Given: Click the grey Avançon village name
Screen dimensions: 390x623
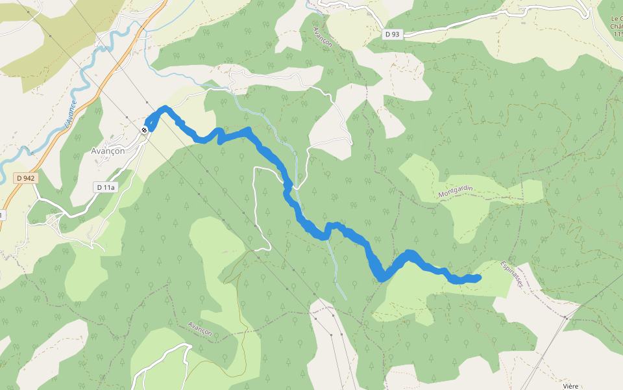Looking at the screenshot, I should tap(107, 150).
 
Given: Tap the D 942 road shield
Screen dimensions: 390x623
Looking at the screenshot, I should tap(25, 177).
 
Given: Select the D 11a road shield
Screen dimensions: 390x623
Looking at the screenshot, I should tap(104, 187).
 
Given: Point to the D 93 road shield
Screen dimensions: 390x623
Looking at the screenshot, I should tap(391, 34).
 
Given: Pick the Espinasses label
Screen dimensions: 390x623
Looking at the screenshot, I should tap(512, 274).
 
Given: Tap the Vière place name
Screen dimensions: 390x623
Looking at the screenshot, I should tap(570, 386).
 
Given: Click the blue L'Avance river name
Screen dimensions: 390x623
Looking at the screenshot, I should tap(71, 112).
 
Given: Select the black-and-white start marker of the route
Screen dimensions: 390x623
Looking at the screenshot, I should tap(145, 129).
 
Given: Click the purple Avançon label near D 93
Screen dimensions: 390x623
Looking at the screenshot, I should tap(322, 37).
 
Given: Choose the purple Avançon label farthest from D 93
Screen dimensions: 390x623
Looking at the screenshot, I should tap(200, 328).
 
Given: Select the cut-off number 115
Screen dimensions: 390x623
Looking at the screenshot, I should tap(618, 34).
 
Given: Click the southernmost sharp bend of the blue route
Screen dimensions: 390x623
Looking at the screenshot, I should tap(382, 278).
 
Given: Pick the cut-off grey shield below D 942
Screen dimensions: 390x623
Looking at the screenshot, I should tap(2, 214).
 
